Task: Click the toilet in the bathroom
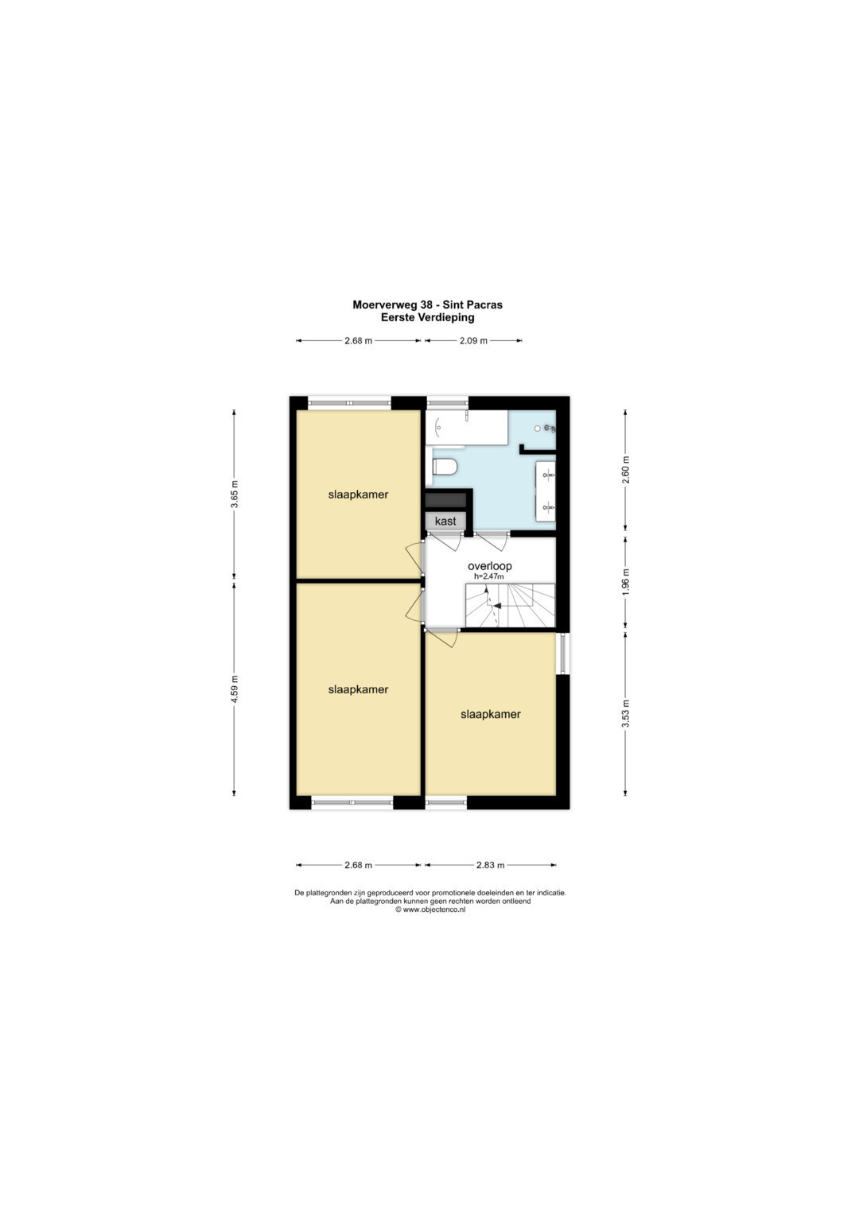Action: click(x=445, y=466)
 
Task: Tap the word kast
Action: click(x=445, y=521)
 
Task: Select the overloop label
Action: click(x=490, y=566)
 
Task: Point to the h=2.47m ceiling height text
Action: click(x=489, y=576)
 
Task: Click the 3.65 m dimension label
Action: click(x=235, y=495)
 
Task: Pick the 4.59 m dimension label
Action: click(x=235, y=688)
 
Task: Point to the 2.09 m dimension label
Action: click(x=473, y=341)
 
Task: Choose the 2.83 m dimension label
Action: click(x=490, y=865)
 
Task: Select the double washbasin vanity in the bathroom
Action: click(x=546, y=491)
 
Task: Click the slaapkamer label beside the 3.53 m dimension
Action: click(x=490, y=714)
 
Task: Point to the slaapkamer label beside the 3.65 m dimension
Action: click(x=358, y=495)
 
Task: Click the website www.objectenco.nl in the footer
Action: click(x=433, y=910)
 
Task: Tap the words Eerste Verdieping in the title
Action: click(x=427, y=317)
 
